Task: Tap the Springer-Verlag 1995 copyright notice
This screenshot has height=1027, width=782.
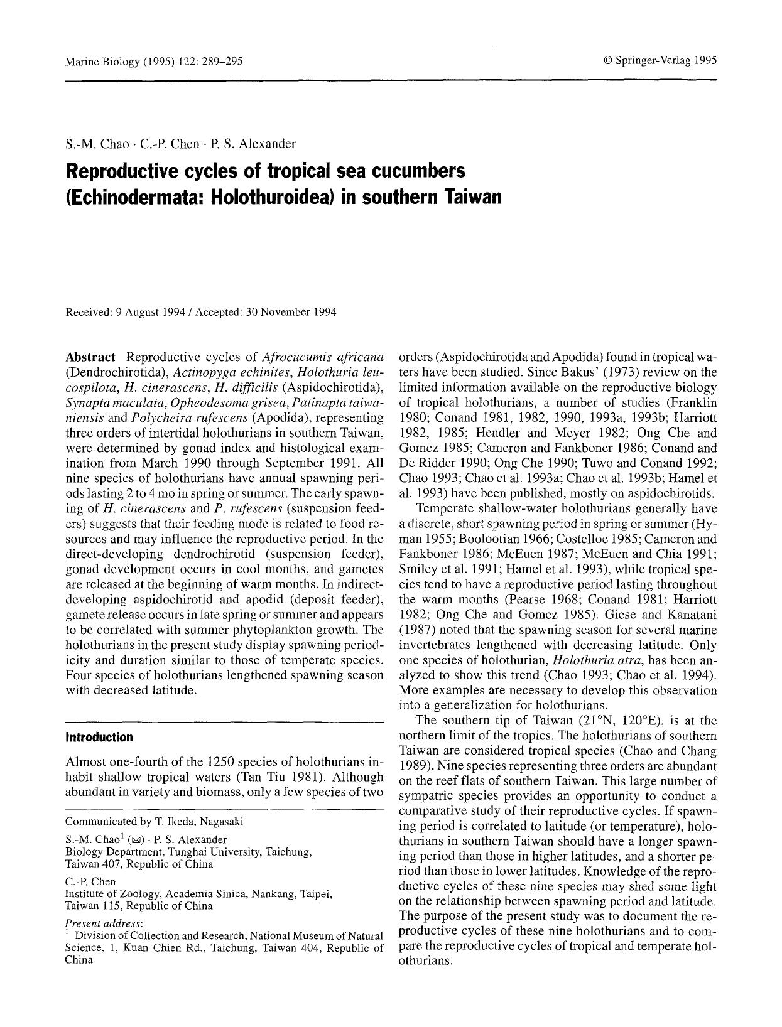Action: [660, 61]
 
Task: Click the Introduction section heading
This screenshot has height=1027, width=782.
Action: [99, 737]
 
